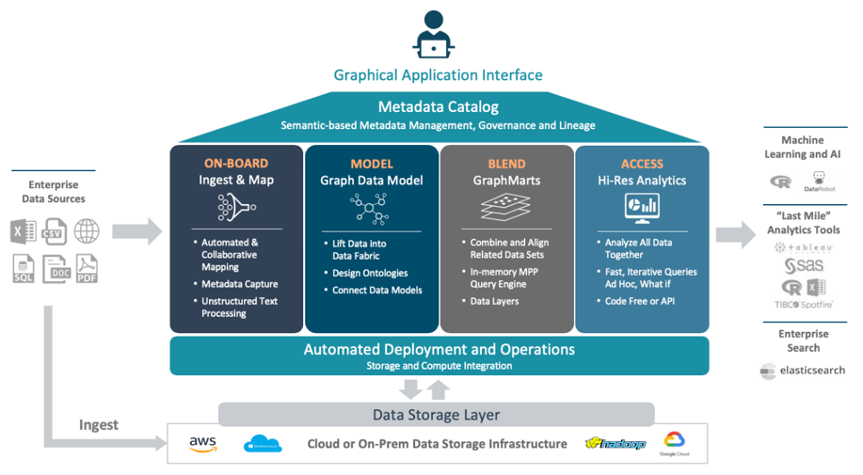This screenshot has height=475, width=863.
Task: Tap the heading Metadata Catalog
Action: pos(438,106)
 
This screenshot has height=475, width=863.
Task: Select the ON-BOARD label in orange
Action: pos(235,164)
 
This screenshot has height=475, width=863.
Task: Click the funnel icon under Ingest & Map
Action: pos(236,208)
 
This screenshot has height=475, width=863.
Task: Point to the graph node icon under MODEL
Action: pos(371,208)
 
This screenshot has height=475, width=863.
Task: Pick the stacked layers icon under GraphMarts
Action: pos(505,207)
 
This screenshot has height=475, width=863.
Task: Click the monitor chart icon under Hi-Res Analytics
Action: pos(642,207)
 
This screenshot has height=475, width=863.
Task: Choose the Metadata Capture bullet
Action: pos(239,283)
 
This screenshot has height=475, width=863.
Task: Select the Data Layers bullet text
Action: pos(494,301)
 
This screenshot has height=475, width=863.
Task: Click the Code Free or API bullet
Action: pos(640,301)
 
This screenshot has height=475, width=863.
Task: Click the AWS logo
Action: pos(202,444)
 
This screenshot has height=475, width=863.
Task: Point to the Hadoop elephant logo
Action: pos(615,443)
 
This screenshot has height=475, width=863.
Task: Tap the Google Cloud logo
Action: pos(673,444)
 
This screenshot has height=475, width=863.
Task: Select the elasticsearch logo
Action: pos(803,371)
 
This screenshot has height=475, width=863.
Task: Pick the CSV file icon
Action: pos(54,231)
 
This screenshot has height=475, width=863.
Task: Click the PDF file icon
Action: pos(87,269)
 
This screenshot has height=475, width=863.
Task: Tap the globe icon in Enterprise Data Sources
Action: pos(87,230)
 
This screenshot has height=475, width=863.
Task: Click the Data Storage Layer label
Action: pos(436,415)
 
